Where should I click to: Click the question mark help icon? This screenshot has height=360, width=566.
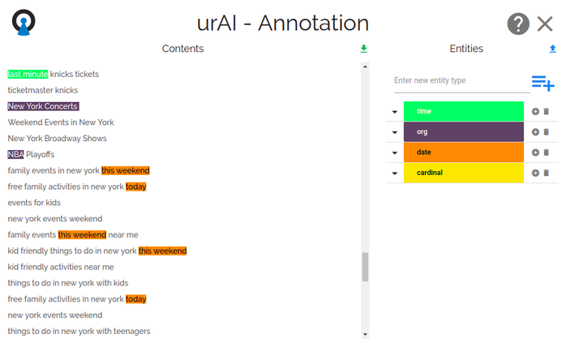click(518, 24)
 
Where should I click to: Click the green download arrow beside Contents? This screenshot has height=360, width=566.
click(363, 49)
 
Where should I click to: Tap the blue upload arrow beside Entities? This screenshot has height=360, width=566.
click(552, 49)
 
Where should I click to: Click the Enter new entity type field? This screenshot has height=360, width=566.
click(461, 80)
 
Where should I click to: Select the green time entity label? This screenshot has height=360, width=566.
click(464, 111)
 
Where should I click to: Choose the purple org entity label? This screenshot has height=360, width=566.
click(464, 132)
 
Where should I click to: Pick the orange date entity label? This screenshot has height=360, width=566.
click(464, 152)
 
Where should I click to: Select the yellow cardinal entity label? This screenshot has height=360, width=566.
click(464, 173)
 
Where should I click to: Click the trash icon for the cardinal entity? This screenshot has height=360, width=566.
click(547, 173)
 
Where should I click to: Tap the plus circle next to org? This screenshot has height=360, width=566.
click(535, 132)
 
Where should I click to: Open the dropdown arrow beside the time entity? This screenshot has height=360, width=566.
click(395, 112)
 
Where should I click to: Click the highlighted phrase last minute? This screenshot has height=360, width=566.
click(28, 74)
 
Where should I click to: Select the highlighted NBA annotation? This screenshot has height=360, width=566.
click(15, 155)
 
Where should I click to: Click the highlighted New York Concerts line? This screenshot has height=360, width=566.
click(43, 106)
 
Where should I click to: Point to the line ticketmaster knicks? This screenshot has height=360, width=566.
click(43, 90)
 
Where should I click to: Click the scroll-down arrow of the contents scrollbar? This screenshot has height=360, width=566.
click(365, 334)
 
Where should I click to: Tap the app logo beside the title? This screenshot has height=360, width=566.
click(24, 23)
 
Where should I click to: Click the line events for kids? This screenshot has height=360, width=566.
click(34, 203)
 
